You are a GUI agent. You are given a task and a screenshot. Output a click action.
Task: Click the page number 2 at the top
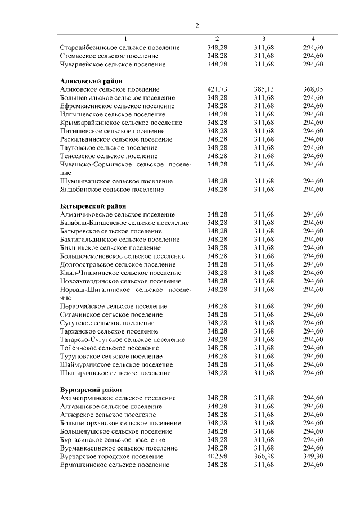(x=197, y=25)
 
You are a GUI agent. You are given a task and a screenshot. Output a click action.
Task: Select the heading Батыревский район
(x=93, y=206)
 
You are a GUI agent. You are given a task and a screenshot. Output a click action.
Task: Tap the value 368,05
(x=313, y=89)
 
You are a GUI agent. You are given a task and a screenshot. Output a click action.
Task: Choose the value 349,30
(x=313, y=457)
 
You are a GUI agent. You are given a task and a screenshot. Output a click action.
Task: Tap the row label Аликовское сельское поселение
(x=110, y=89)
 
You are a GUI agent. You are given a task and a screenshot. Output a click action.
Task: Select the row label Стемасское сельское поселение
(x=109, y=56)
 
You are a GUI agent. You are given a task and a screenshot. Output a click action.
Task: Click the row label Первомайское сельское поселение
(x=113, y=306)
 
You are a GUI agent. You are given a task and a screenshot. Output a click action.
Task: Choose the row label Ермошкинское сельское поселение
(x=114, y=465)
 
